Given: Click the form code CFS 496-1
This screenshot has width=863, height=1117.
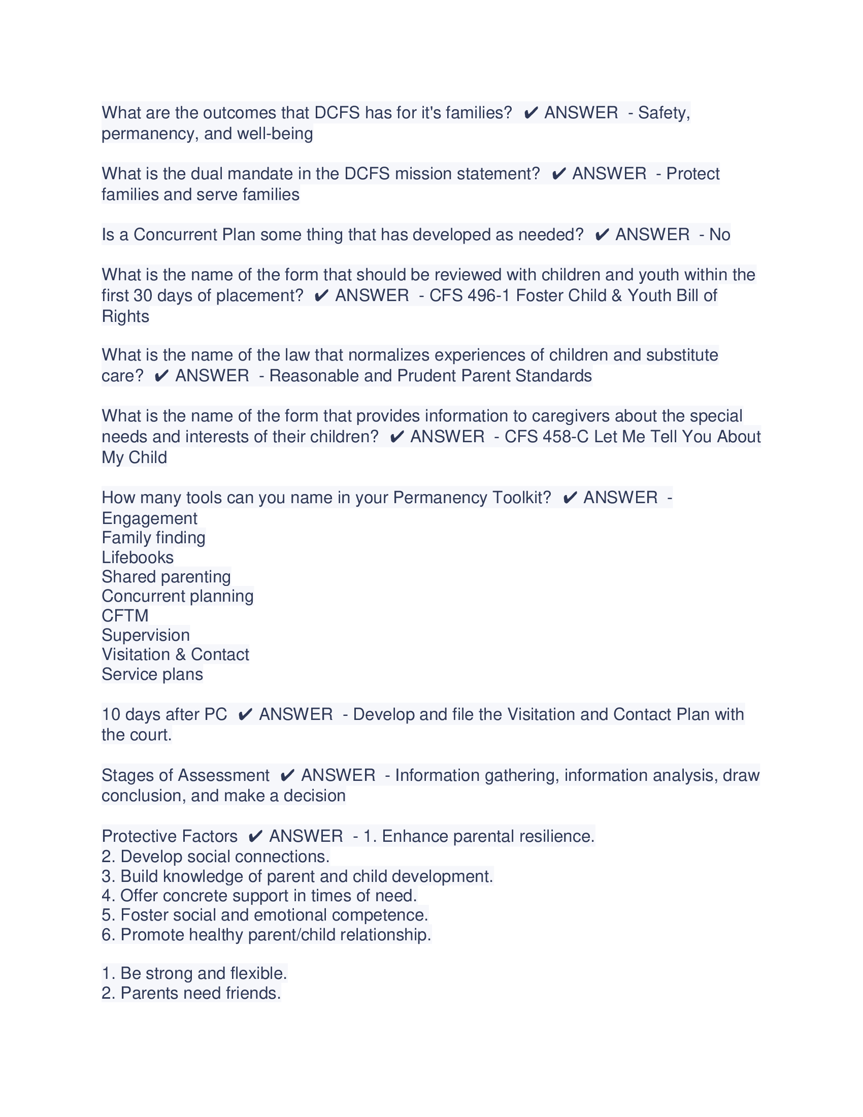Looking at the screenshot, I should pos(470,295).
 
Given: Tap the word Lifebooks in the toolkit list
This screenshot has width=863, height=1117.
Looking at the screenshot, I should pos(138,557).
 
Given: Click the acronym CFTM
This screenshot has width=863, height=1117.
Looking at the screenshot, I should pos(125,616).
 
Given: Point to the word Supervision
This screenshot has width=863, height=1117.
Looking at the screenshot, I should pos(146,635).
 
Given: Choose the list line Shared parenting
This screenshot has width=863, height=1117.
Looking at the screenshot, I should pos(166,577).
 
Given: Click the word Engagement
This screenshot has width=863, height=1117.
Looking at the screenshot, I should pos(149,518).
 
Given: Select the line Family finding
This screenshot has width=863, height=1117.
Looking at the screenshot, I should pos(153,538).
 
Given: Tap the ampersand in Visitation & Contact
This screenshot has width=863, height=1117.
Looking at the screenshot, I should pos(180,654).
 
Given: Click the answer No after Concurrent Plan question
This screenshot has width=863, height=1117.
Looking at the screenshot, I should pos(719,235).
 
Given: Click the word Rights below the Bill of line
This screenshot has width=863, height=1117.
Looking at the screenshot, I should pos(125,317).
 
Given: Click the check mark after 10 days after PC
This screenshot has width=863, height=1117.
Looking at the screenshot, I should pos(245,714).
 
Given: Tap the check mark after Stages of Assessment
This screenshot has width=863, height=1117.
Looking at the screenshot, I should pos(287,775).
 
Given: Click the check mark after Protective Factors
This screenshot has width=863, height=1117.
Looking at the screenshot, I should pos(255,836).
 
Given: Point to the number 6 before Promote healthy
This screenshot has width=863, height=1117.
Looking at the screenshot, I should pos(107,935).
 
